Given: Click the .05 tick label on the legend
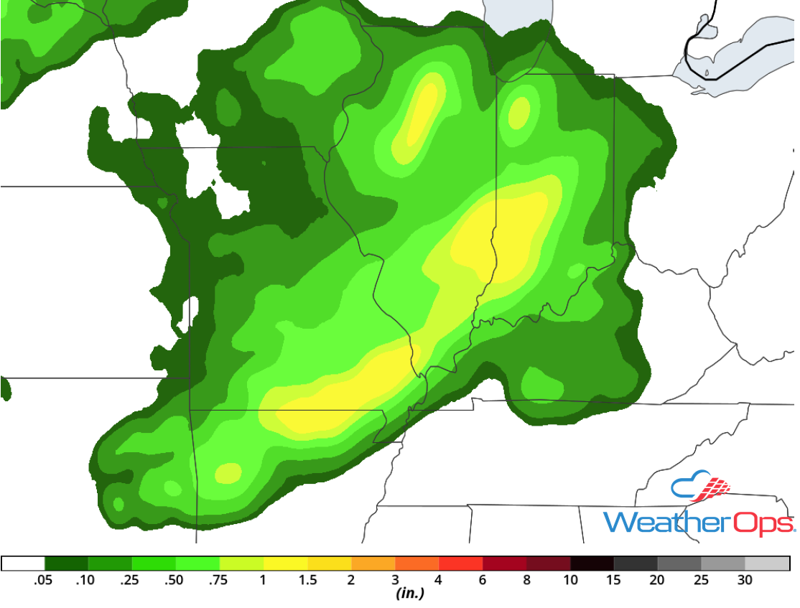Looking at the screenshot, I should [x=45, y=580].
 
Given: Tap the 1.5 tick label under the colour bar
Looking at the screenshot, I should [x=307, y=580].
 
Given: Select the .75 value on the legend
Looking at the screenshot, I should [x=220, y=580].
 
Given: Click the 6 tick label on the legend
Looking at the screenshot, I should [x=483, y=580].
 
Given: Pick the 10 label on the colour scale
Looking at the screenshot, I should [x=570, y=580].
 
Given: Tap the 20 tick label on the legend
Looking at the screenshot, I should [x=657, y=580].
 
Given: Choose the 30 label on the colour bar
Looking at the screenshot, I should [x=745, y=580].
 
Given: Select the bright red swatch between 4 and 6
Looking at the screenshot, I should [x=460, y=563].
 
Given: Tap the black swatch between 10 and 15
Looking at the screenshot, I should [x=592, y=563].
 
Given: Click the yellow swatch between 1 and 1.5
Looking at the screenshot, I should [x=285, y=563].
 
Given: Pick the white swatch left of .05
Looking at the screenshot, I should [x=23, y=563].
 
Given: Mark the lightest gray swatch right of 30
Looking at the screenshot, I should [x=767, y=563].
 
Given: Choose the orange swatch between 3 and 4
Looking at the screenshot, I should [x=417, y=563].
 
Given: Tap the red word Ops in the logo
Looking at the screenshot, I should [x=763, y=522].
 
